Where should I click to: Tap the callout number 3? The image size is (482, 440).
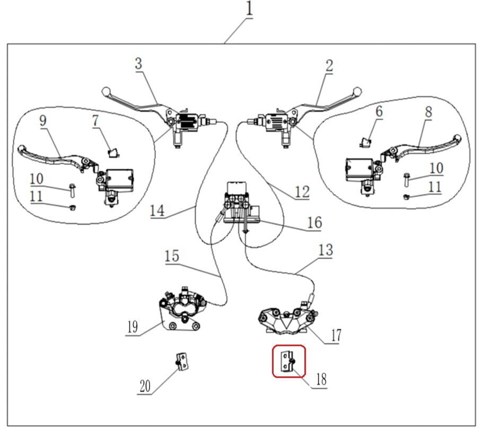click(138, 64)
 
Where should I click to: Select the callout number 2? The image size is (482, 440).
click(329, 66)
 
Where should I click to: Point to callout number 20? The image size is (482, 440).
click(145, 386)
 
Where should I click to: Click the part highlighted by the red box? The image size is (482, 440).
click(289, 362)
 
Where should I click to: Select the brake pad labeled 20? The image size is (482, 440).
click(182, 362)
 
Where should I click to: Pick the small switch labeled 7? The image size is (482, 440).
click(112, 153)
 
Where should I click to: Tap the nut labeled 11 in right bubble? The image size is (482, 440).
click(406, 197)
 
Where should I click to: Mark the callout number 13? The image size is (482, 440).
click(326, 250)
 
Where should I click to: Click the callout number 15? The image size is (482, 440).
click(171, 256)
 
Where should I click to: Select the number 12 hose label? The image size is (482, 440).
click(302, 191)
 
